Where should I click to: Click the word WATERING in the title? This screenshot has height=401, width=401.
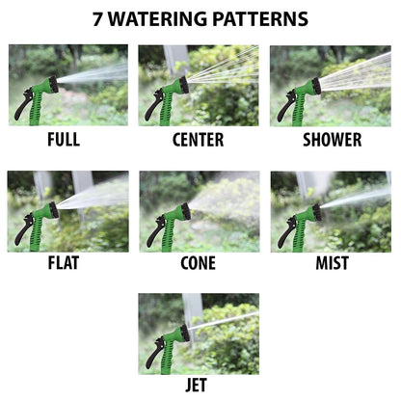tap(162, 19)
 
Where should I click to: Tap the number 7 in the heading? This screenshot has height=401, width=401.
tap(98, 19)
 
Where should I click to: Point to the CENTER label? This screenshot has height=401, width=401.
tap(198, 140)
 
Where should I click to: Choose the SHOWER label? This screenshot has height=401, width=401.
tap(332, 140)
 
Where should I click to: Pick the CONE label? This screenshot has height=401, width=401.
tap(198, 263)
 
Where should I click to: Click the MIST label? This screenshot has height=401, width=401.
tap(332, 263)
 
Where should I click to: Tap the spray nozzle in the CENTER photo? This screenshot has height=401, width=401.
tap(181, 85)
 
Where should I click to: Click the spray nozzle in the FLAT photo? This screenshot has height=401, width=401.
tap(47, 209)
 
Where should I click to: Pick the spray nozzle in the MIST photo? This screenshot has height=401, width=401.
tap(313, 210)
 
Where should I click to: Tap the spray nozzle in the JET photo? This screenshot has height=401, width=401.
tap(181, 333)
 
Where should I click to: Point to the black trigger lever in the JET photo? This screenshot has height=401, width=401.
tap(151, 354)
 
